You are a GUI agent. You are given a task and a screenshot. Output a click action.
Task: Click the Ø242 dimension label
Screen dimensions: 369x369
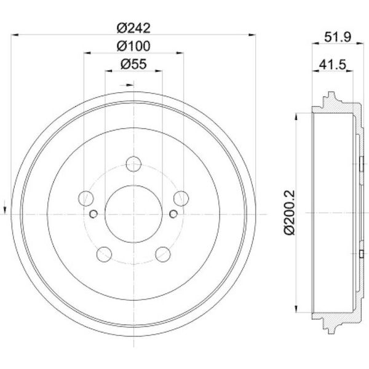click(133, 28)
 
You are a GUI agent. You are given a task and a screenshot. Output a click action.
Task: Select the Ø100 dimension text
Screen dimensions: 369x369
click(133, 46)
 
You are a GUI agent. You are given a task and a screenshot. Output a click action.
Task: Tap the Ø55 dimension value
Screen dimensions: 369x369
click(133, 64)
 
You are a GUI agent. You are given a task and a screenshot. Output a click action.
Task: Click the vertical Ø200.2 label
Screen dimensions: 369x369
click(289, 212)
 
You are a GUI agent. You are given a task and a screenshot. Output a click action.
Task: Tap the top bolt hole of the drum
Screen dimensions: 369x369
click(133, 164)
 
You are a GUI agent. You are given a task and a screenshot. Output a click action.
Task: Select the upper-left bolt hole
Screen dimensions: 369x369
click(86, 199)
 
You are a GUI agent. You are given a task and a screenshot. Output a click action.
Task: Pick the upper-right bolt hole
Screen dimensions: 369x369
click(181, 199)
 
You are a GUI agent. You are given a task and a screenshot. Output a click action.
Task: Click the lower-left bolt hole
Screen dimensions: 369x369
click(104, 254)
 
